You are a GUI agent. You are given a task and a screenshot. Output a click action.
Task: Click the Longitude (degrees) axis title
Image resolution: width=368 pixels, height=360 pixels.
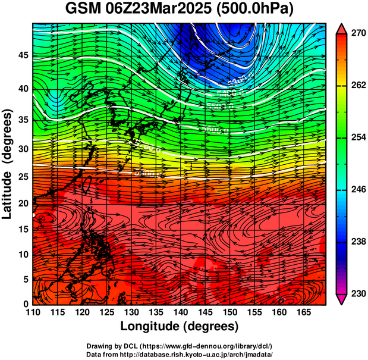[x=180, y=326]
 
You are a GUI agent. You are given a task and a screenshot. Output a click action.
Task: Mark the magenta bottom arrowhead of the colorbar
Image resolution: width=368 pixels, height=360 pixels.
[x=342, y=299]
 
